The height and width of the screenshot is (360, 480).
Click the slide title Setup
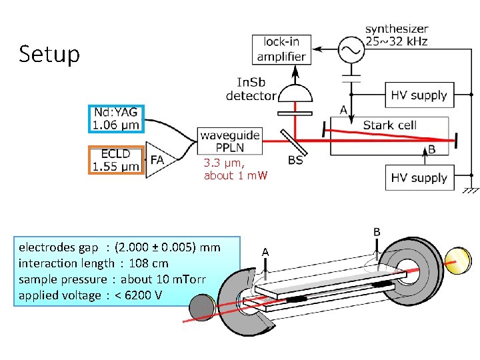pyautogui.click(x=49, y=54)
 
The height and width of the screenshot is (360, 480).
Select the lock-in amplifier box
pyautogui.click(x=281, y=49)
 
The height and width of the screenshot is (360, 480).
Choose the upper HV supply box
pyautogui.click(x=419, y=95)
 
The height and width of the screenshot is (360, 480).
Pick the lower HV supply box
pyautogui.click(x=419, y=178)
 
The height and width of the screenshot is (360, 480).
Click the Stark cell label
pyautogui.click(x=389, y=125)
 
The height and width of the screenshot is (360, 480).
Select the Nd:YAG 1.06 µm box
pyautogui.click(x=116, y=119)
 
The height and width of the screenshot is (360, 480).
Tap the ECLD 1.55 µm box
pyautogui.click(x=116, y=160)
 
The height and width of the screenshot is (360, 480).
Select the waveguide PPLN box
pyautogui.click(x=229, y=141)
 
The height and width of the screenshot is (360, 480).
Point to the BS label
pyautogui.click(x=296, y=161)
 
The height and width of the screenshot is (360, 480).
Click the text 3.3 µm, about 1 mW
pyautogui.click(x=235, y=169)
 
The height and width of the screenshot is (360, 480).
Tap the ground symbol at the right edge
pyautogui.click(x=469, y=188)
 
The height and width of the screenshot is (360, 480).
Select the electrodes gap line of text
pyautogui.click(x=119, y=247)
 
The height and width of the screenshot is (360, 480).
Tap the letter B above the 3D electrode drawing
pyautogui.click(x=377, y=232)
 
